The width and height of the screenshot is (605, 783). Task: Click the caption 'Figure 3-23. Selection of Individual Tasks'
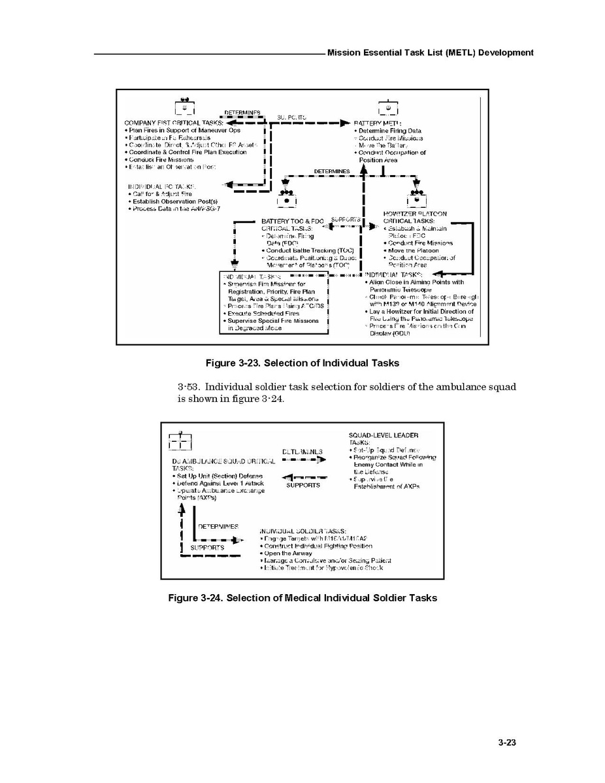(302, 363)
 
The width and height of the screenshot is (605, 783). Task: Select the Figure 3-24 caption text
(302, 597)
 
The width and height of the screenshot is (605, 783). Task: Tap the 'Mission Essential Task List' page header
(430, 52)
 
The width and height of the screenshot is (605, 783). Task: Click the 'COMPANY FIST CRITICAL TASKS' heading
(174, 123)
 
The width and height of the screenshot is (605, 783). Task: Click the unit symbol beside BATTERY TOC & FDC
(285, 197)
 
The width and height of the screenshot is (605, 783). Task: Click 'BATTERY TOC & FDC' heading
(292, 222)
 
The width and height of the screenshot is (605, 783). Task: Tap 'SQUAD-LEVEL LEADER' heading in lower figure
(384, 435)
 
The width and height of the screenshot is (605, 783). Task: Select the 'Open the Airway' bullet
(288, 553)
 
